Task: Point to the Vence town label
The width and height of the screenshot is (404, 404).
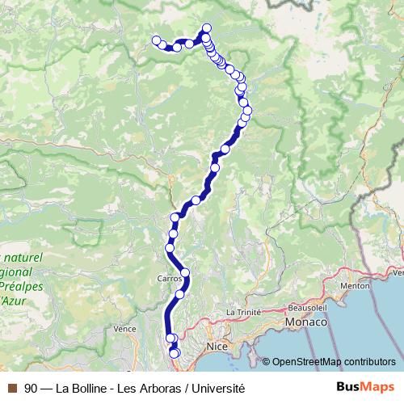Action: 124,329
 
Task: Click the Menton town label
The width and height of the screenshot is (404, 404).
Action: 355,285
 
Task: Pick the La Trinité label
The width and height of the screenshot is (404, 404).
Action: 242,311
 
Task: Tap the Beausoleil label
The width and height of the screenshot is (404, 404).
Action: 308,308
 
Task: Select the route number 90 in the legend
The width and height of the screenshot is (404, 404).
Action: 31,388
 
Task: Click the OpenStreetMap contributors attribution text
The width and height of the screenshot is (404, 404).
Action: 334,361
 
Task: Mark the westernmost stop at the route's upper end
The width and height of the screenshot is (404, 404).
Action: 157,40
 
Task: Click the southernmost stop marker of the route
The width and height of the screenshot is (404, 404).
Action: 175,354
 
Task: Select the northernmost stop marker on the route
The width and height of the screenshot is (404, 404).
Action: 207,28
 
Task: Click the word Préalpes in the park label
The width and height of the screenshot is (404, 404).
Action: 22,286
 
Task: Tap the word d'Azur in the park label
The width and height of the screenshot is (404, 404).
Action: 13,300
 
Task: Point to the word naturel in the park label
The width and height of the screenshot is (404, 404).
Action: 25,257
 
